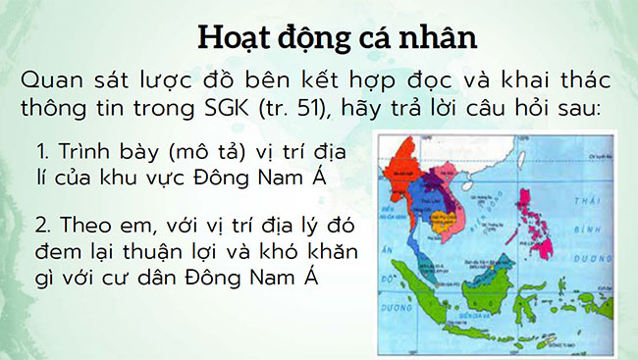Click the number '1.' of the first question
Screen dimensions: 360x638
[43, 153]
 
